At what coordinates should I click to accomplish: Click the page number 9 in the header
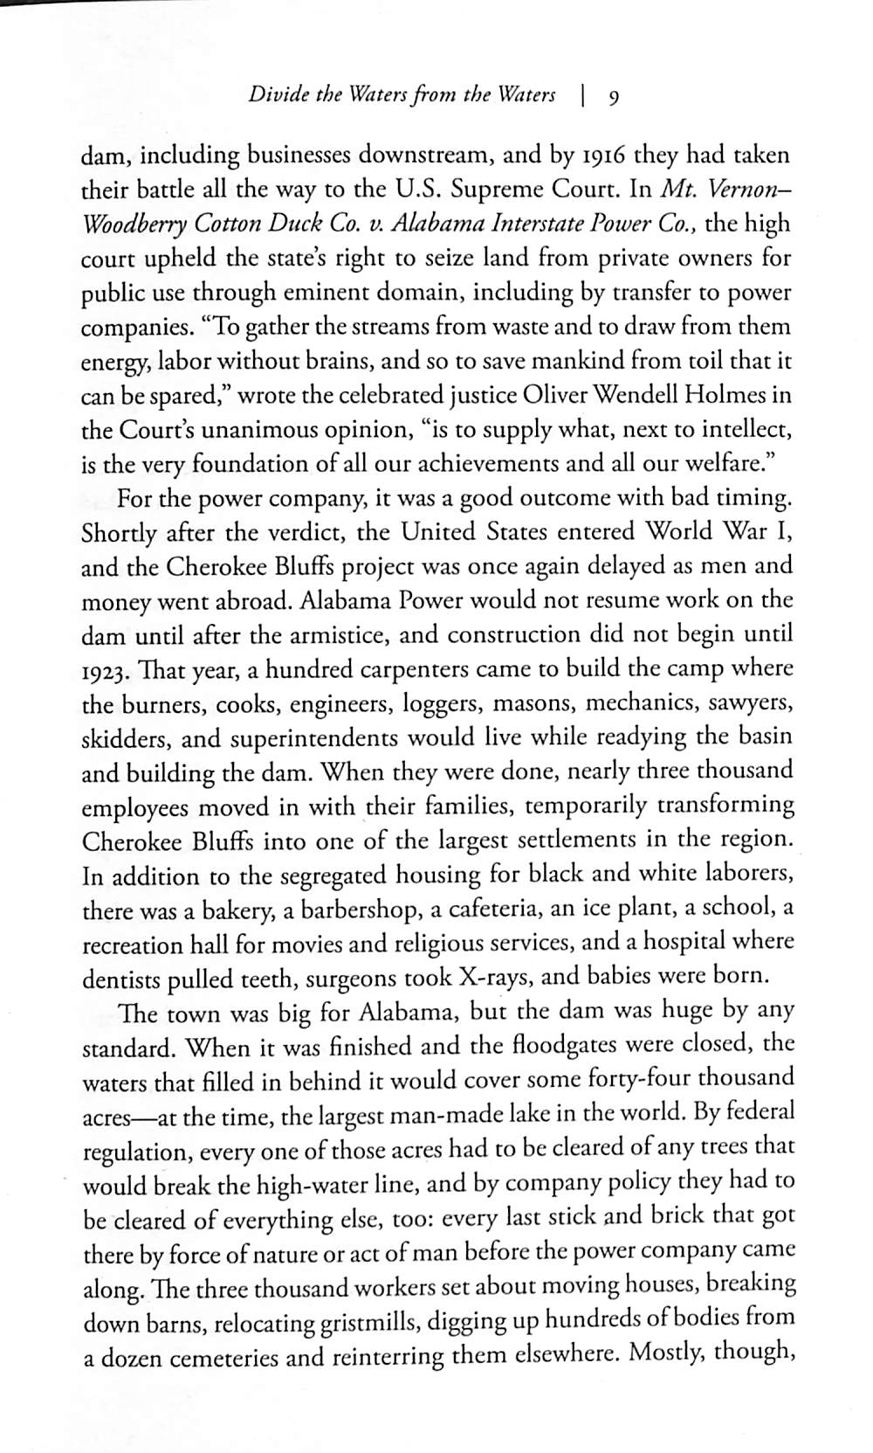click(x=614, y=97)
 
